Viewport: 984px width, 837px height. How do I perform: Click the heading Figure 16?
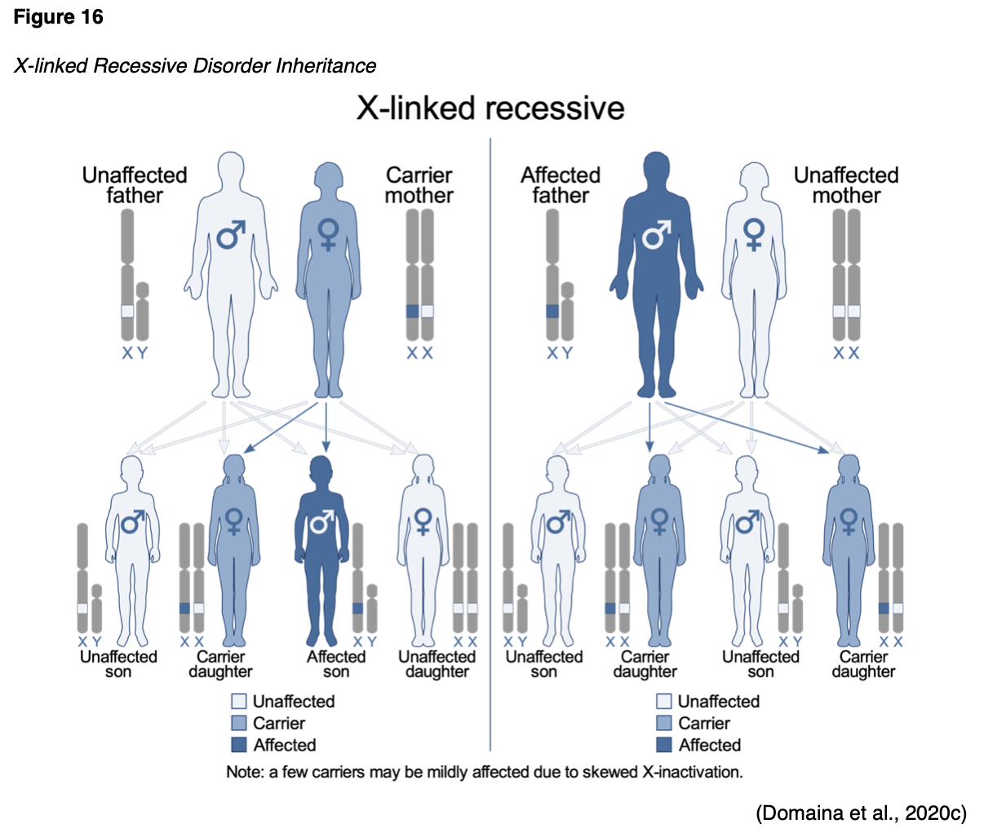coord(58,17)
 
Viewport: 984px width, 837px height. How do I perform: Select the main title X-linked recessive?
coord(490,108)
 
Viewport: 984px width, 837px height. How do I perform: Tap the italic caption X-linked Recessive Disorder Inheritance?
coord(195,66)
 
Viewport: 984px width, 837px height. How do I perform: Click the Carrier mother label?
coord(419,186)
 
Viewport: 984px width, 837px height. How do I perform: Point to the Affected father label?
coord(560,186)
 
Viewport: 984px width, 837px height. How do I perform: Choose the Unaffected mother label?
coord(846,186)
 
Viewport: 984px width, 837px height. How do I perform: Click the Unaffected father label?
coord(135,186)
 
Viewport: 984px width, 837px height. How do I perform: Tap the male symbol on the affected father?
coord(656,234)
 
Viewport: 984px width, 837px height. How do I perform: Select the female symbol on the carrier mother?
coord(328,234)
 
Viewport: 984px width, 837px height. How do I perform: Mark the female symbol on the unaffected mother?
coord(754,234)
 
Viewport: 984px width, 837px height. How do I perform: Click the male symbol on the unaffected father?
coord(231,234)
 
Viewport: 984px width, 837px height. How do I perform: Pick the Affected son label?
coord(336,664)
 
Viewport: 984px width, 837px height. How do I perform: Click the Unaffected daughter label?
coord(437,664)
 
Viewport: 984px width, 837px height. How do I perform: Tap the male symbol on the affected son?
coord(322,521)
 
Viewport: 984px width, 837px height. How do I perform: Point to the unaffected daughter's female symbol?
coord(423,521)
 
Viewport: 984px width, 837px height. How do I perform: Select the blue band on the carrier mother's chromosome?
coord(412,311)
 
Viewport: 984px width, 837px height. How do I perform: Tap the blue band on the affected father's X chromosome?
coord(552,311)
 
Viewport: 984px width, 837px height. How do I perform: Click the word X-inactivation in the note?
coord(693,772)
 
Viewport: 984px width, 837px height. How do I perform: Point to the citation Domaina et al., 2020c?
coord(861,813)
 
